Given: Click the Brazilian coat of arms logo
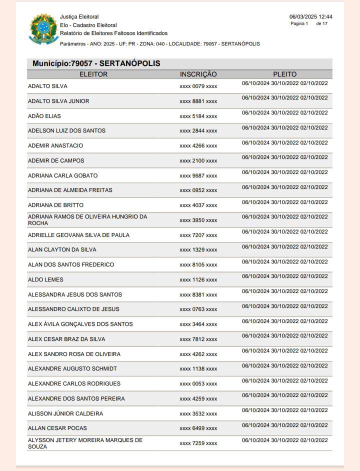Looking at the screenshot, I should click(44, 29).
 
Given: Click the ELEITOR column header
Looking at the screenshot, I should click(93, 74).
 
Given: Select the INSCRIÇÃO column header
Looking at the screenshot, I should click(198, 74).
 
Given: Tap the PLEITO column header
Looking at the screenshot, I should click(284, 74).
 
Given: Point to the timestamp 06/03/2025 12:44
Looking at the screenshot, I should click(310, 16).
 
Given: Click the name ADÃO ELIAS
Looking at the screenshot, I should click(44, 116).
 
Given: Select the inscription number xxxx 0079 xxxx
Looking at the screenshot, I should click(198, 86).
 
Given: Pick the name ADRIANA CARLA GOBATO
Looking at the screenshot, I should click(63, 175).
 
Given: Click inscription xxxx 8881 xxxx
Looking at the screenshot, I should click(198, 101).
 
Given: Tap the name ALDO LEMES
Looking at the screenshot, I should click(45, 279).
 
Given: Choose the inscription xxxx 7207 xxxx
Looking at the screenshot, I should click(198, 235).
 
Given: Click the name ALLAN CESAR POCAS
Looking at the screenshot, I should click(57, 428).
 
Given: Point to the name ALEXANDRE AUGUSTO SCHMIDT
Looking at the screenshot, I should click(72, 368).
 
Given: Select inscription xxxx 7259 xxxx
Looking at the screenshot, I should click(198, 443).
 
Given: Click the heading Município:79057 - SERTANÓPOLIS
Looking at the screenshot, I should click(96, 63).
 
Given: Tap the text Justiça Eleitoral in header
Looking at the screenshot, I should click(79, 17).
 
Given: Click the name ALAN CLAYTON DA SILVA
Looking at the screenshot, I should click(62, 249).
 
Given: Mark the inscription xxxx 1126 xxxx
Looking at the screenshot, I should click(198, 279).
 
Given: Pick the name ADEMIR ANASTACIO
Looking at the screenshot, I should click(55, 145).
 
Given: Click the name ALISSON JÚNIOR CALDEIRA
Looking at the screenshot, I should click(65, 413).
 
